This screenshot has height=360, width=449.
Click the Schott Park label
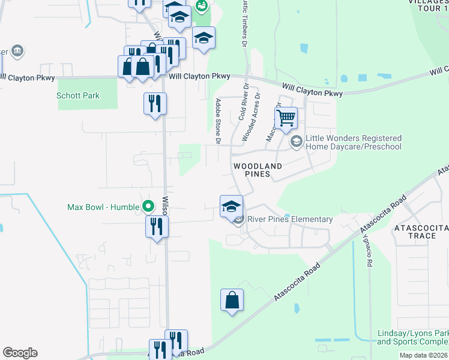pos(78,96)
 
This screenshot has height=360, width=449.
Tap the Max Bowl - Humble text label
pos(103,208)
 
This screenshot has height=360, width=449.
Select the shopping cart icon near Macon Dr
pos(286,118)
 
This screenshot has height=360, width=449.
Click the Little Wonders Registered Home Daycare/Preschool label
pos(354,142)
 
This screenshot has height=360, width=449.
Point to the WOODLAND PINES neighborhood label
pos(258,170)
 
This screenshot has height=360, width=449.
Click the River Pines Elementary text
pos(289,220)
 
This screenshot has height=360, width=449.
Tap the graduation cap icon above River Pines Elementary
pos(231,206)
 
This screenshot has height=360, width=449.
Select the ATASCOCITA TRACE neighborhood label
pos(415,232)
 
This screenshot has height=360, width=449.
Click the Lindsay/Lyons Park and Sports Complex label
pos(412,338)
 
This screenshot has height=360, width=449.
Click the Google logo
pos(20,353)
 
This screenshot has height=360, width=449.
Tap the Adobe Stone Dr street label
pos(218,121)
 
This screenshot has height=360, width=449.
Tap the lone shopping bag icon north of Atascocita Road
pos(232,301)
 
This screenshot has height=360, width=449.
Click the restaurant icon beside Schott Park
pos(155,104)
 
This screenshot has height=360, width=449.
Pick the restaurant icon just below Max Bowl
pos(157,227)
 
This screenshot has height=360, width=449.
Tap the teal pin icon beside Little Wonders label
pos(296,142)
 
